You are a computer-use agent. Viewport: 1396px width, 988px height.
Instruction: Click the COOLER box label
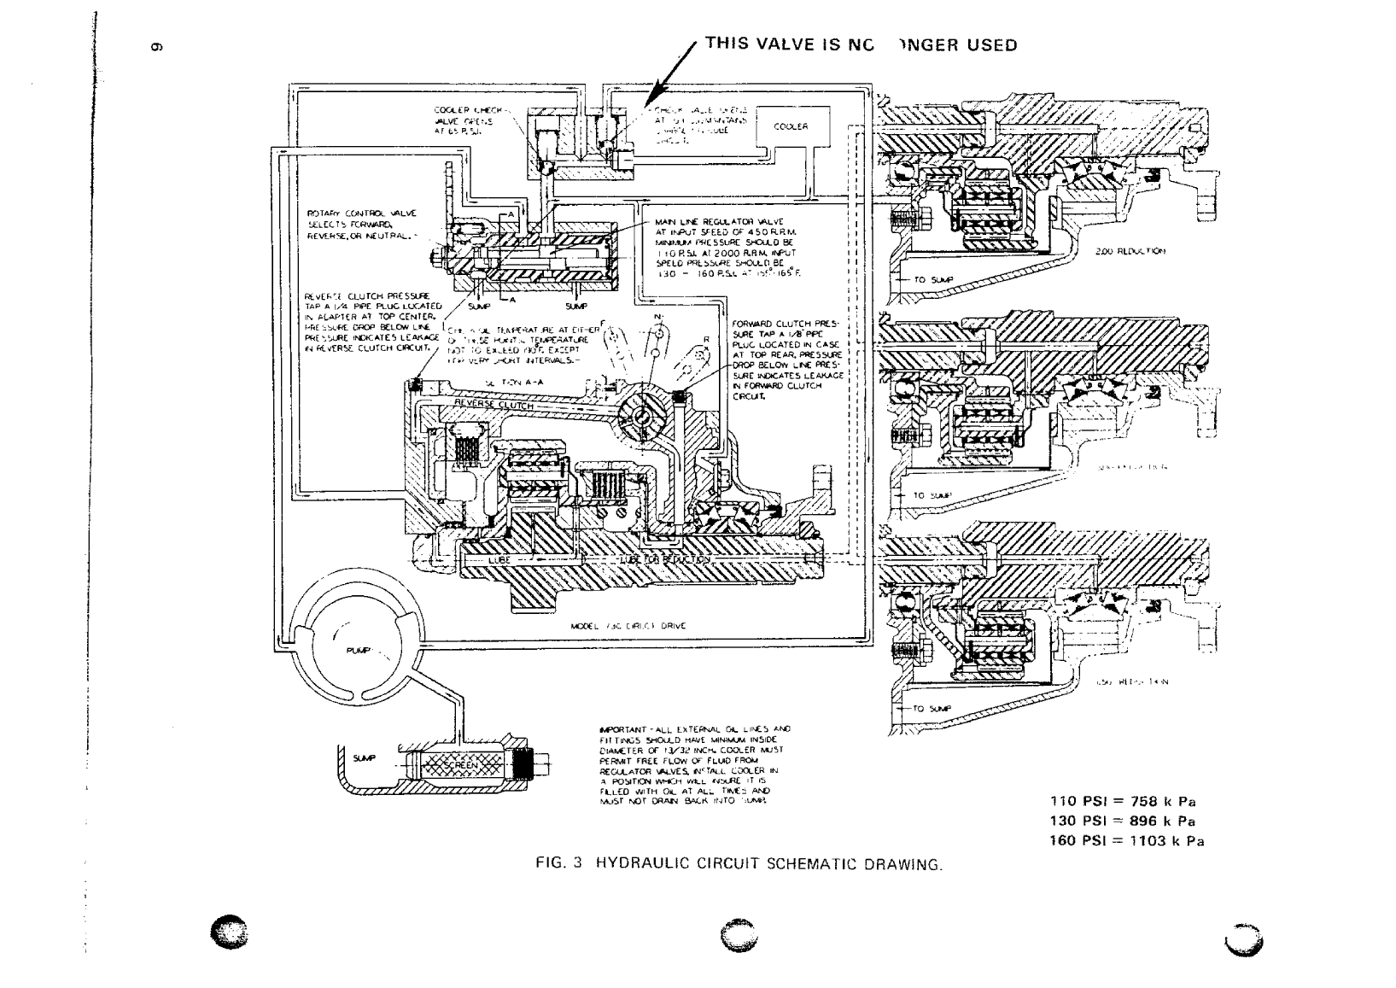click(790, 126)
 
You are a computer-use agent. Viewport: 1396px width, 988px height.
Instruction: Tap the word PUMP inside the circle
click(357, 651)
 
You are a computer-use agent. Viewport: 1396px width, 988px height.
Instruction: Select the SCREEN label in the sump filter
click(460, 765)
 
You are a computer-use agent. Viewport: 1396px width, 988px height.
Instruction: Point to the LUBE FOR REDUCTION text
click(664, 559)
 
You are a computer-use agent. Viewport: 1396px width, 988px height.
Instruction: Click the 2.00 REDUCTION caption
click(1130, 252)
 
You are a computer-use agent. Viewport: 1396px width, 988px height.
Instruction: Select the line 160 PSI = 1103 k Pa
click(1126, 841)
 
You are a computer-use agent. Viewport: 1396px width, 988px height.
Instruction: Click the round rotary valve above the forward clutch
click(642, 414)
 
